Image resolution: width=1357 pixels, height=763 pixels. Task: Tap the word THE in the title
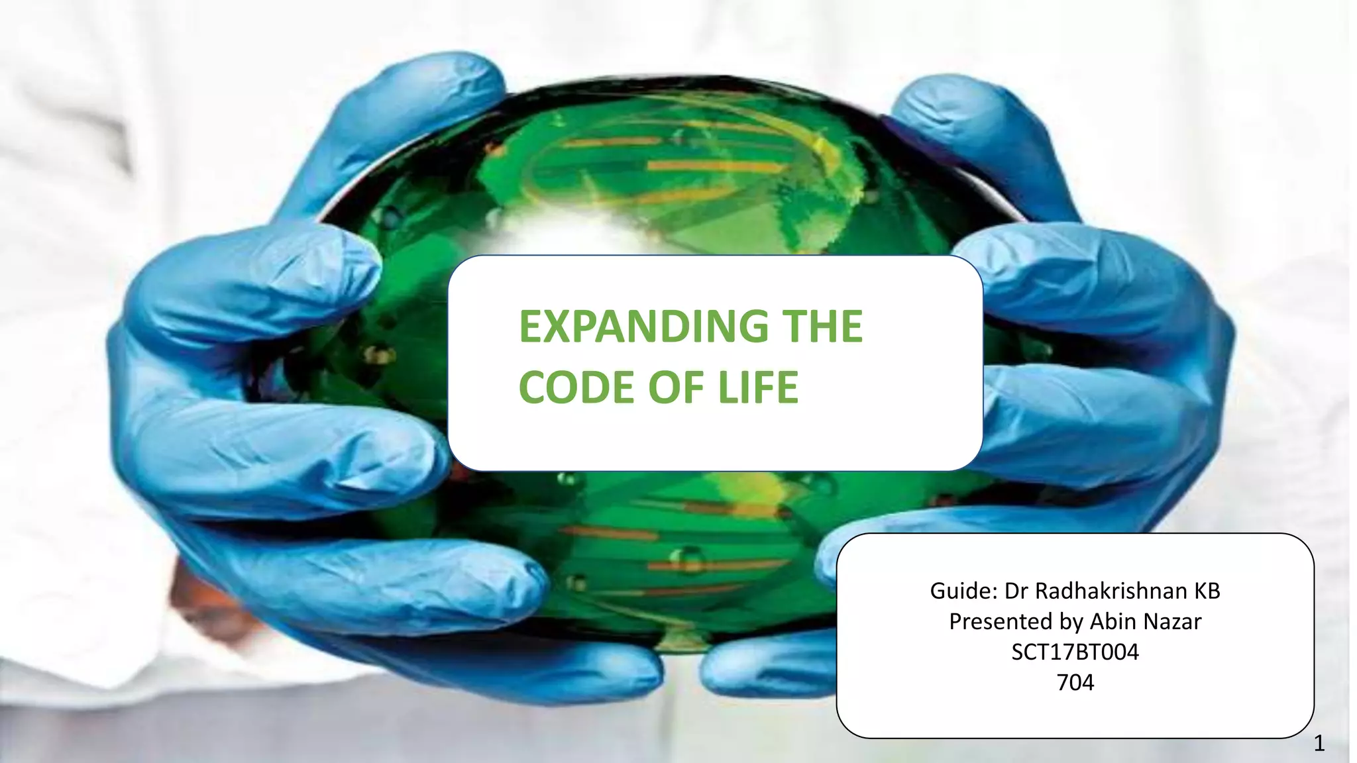click(822, 327)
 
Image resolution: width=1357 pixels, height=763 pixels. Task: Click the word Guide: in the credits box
click(963, 591)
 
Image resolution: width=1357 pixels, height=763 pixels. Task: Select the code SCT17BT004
click(1075, 652)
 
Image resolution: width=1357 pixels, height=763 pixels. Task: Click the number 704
click(1075, 682)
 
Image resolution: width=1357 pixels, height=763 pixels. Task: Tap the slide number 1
click(1319, 744)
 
